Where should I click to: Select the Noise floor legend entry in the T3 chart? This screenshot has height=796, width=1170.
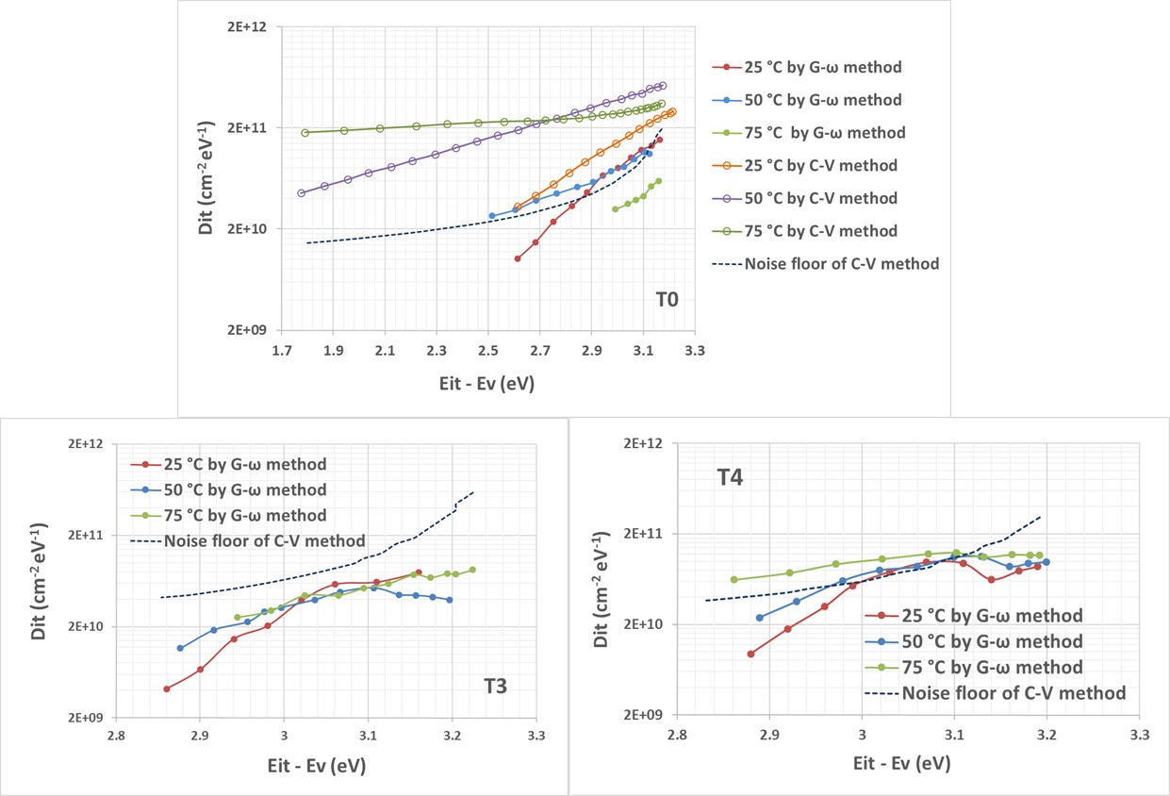264,541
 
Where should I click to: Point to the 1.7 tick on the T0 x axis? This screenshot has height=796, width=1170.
282,351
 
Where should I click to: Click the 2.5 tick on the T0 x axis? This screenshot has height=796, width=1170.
488,351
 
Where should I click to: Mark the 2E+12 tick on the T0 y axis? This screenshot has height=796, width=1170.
249,27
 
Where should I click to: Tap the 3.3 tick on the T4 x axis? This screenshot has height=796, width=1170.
1139,733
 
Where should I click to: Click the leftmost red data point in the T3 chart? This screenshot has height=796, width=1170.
167,688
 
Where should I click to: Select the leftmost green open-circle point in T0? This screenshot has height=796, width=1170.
305,132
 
